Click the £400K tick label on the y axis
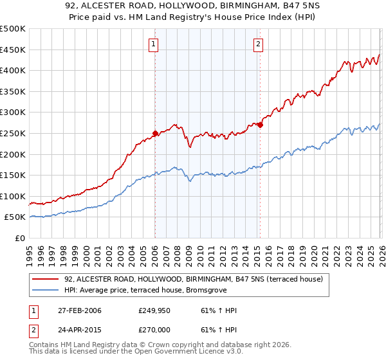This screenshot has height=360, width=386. (x=13, y=70)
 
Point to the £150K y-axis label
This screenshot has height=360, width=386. (x=13, y=175)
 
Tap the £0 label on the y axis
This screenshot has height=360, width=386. (x=19, y=238)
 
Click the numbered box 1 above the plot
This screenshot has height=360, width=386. (x=154, y=44)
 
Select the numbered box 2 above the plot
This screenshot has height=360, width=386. (x=258, y=44)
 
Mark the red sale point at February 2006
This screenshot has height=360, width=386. (x=155, y=134)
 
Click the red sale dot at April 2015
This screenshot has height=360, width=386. (x=260, y=125)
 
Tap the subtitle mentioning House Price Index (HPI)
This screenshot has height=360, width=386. (x=193, y=19)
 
